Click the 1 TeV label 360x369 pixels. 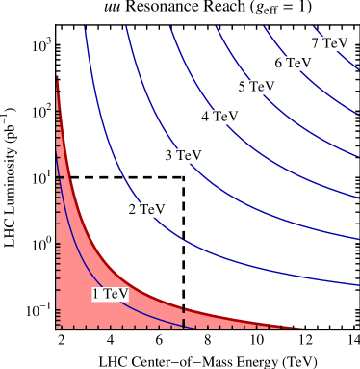[x=110, y=294]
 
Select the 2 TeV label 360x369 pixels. [x=146, y=209]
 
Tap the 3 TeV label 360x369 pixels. [x=183, y=155]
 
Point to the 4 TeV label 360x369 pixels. [x=219, y=117]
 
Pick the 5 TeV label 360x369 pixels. [x=256, y=87]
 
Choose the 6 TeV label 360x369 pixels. [x=293, y=63]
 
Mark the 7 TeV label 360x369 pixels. [x=329, y=43]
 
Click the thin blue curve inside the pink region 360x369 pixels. [x=72, y=241]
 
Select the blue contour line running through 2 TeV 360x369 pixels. [x=106, y=145]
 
